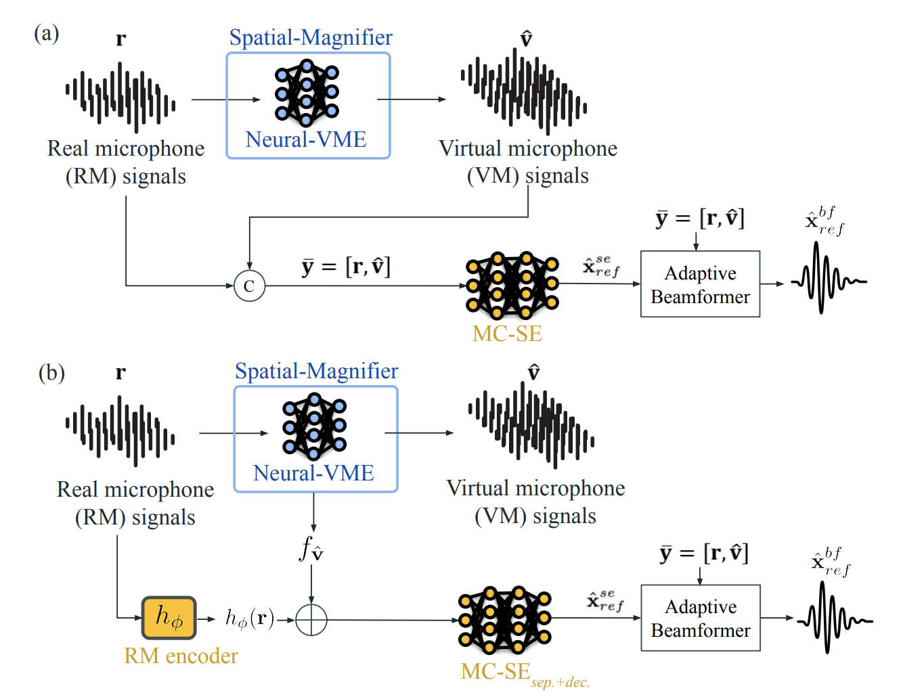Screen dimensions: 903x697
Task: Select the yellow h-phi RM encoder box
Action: pyautogui.click(x=169, y=618)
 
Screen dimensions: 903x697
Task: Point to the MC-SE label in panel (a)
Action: pyautogui.click(x=507, y=334)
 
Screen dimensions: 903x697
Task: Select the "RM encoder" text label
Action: pyautogui.click(x=181, y=656)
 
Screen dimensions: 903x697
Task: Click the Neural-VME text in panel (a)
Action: pyautogui.click(x=306, y=139)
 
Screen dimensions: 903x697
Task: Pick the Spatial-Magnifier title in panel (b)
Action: pyautogui.click(x=317, y=371)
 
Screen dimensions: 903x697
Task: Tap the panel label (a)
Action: pyautogui.click(x=47, y=33)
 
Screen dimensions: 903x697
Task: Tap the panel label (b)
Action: pyautogui.click(x=51, y=373)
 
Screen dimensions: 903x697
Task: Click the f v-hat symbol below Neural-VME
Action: pyautogui.click(x=311, y=549)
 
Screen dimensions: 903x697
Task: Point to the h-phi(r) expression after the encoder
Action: pyautogui.click(x=250, y=619)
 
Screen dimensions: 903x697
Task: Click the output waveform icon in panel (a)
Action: pyautogui.click(x=829, y=278)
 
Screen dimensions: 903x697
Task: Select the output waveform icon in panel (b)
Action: pyautogui.click(x=835, y=617)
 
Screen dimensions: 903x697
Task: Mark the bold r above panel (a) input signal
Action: pyautogui.click(x=121, y=39)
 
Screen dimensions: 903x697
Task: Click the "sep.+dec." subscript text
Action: pyautogui.click(x=560, y=683)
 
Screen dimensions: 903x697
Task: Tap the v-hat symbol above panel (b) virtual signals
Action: pyautogui.click(x=534, y=372)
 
